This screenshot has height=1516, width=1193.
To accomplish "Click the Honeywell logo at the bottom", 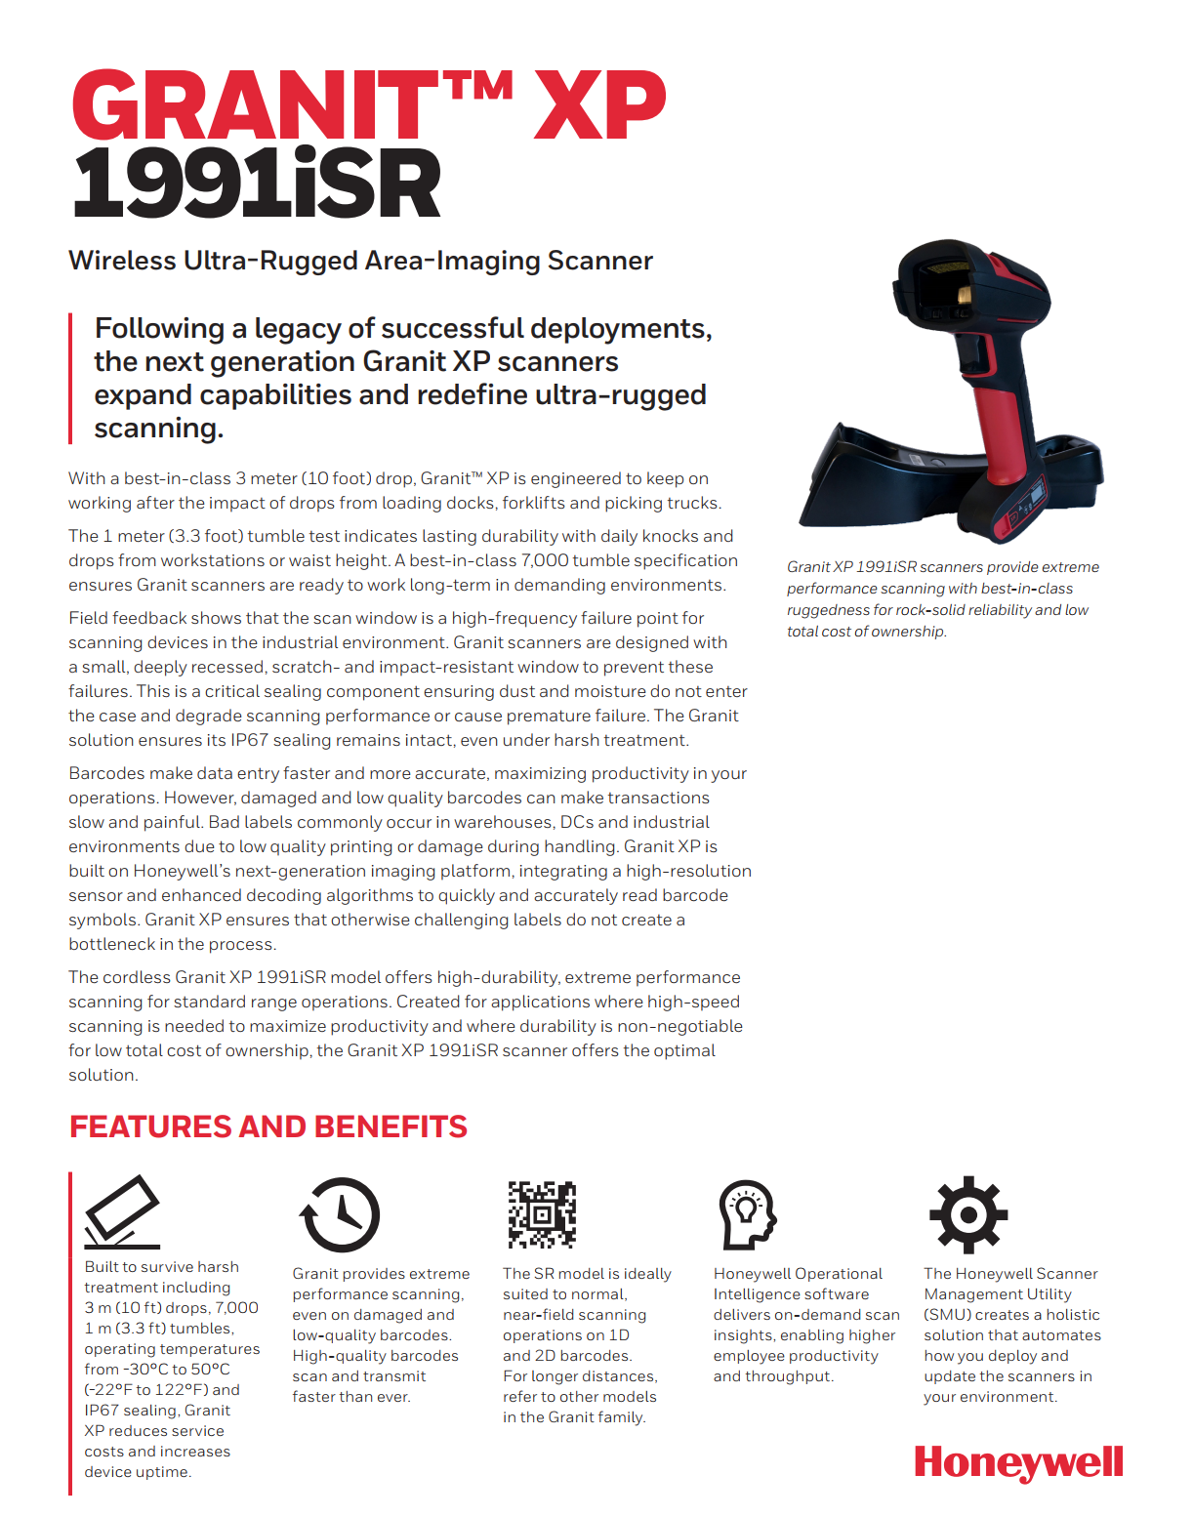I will [x=1018, y=1463].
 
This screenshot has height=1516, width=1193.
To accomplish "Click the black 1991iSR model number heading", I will [x=257, y=184].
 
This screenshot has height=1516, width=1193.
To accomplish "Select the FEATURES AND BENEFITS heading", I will [x=268, y=1127].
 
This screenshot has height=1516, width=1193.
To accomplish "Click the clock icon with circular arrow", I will [x=339, y=1214].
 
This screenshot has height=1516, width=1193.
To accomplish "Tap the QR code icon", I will [x=542, y=1214].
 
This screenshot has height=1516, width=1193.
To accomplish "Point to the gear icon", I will [x=967, y=1214].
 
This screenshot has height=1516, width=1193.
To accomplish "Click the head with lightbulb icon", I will [x=747, y=1214].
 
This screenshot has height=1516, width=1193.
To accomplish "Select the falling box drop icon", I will [x=122, y=1211].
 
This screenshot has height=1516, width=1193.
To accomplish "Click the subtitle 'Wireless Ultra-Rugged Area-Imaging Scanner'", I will [x=360, y=261].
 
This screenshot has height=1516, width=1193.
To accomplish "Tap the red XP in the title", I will [x=599, y=105].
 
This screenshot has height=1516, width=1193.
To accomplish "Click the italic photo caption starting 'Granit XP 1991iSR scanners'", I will [x=942, y=598].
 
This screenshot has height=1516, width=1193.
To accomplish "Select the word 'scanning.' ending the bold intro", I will [x=158, y=429].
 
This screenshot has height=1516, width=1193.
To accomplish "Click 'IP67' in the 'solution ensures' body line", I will [x=249, y=740].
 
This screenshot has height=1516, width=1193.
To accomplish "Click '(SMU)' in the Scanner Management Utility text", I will [x=947, y=1315].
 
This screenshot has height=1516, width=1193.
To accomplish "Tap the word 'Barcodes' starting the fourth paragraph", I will [x=105, y=773].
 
